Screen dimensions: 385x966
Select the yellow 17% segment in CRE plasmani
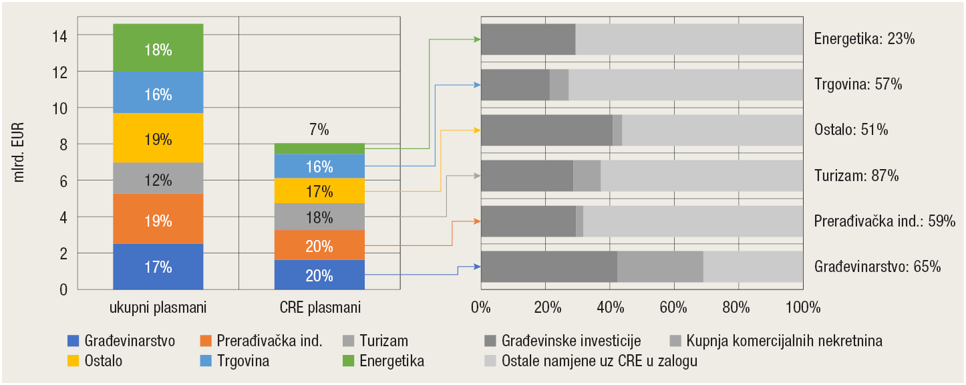click(319, 191)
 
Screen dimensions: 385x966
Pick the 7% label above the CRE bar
click(319, 130)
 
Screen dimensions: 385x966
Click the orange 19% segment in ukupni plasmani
click(158, 219)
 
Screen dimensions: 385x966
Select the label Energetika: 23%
click(864, 39)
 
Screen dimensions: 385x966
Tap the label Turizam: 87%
click(856, 176)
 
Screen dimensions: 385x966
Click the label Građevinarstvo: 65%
click(878, 266)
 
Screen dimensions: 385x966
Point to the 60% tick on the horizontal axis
click(673, 307)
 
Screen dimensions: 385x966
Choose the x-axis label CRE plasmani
click(319, 308)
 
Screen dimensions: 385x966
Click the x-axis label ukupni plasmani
click(158, 308)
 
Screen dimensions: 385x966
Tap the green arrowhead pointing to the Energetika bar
click(477, 39)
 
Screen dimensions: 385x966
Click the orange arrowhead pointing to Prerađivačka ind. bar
click(477, 221)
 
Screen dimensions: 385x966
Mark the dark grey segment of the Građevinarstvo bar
click(548, 266)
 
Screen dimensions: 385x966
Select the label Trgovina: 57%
click(858, 84)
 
